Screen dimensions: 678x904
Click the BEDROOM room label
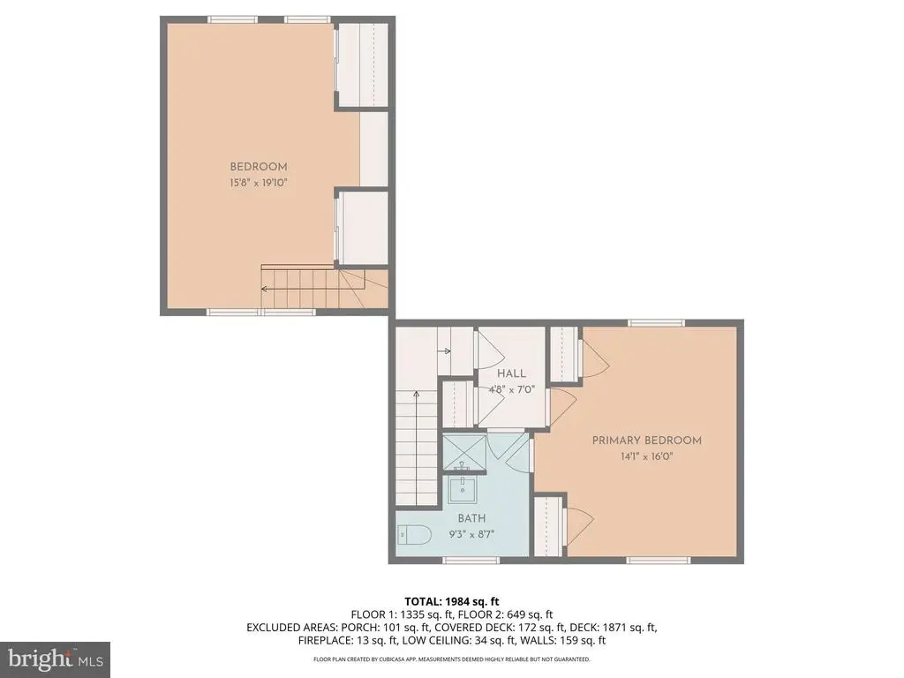click(259, 167)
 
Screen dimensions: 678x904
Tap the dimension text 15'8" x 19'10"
click(259, 183)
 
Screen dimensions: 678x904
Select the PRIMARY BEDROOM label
click(646, 441)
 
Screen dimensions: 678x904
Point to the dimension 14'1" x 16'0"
click(646, 456)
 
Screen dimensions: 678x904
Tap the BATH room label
click(471, 518)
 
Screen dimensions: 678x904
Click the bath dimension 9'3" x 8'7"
click(471, 534)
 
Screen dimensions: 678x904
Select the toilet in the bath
click(413, 534)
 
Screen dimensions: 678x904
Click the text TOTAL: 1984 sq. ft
click(452, 602)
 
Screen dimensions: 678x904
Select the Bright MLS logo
click(55, 659)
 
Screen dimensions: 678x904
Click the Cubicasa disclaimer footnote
click(452, 659)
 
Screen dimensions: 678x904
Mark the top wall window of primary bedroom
click(657, 323)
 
